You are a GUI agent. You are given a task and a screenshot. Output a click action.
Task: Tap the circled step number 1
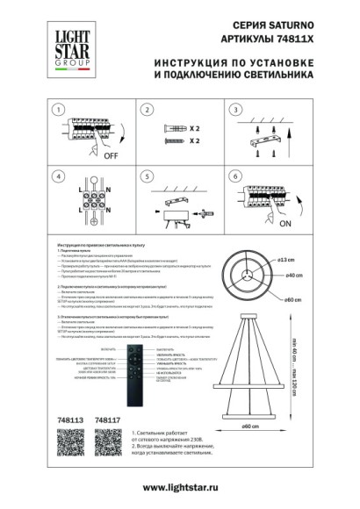point(59,111)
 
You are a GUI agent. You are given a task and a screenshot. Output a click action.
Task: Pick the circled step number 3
point(234,111)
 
